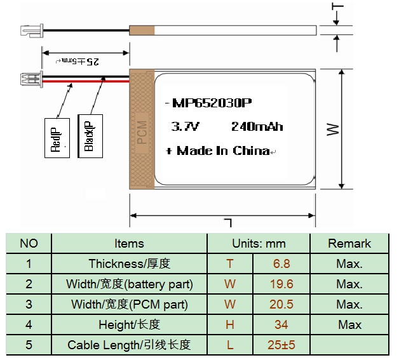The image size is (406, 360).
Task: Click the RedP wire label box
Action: pos(57,138)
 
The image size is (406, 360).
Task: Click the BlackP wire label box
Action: pos(90,136)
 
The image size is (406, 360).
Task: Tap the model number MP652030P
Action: pos(212,103)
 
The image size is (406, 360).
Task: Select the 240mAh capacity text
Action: pos(257,126)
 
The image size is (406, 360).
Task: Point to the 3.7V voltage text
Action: pos(185,126)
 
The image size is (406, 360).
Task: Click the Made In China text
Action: pos(223,150)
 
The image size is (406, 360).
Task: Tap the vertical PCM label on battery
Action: pos(142,132)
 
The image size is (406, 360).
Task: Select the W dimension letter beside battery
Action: pos(333,130)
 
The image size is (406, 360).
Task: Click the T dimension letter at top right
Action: pos(337,6)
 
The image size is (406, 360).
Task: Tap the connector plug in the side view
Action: pos(32,30)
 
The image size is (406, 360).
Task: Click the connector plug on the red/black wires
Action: pos(32,79)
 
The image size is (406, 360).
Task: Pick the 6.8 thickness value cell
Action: pos(281,263)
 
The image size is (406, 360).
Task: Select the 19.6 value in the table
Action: pos(281,284)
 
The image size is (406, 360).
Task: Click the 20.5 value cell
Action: pos(281,304)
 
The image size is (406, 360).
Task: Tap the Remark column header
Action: pos(349,244)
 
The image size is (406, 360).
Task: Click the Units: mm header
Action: pos(259,244)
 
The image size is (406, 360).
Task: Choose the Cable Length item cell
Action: pos(129,345)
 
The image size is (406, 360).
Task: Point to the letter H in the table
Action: pos(230,324)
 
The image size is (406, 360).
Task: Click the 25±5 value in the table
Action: pos(281,345)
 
